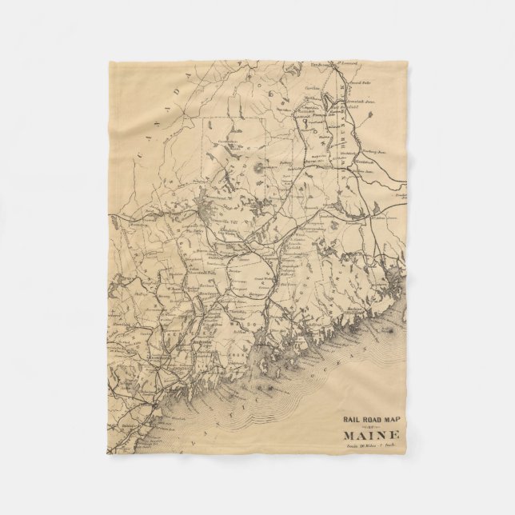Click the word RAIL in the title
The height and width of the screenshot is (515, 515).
352,417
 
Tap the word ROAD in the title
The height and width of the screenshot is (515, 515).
373,417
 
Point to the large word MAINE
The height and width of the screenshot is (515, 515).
372,436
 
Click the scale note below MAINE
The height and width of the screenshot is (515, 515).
372,448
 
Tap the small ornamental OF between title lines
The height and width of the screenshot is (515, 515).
372,426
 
